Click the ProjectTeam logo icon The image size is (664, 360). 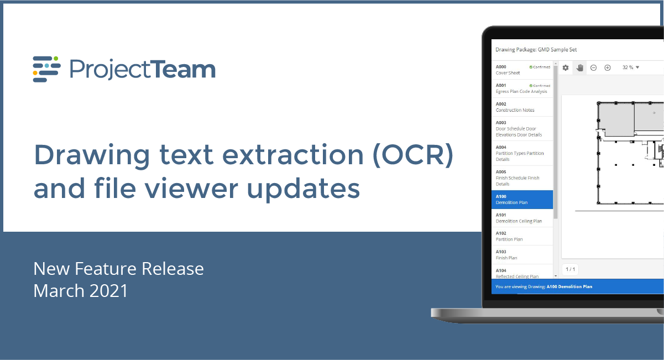coord(46,69)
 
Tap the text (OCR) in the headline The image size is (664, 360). coord(413,155)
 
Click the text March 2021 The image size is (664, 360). coord(80,291)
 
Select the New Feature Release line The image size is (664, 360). coord(118,269)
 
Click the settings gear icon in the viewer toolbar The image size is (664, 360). coord(566,67)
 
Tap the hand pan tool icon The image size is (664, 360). coord(580,67)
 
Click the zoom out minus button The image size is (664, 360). coord(593,67)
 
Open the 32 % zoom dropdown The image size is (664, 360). coord(630,67)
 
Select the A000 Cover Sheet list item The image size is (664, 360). coord(522,70)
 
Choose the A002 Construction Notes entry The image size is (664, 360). coord(522,107)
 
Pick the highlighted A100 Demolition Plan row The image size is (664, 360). coord(522,200)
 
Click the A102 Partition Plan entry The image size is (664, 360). coord(522,236)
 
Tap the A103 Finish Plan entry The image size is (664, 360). coord(522,255)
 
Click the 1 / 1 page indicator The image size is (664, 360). coord(571,269)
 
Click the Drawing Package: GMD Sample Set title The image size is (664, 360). coord(536,50)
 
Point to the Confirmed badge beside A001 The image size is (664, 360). coord(540,85)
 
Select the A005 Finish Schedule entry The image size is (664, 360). coord(522,178)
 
